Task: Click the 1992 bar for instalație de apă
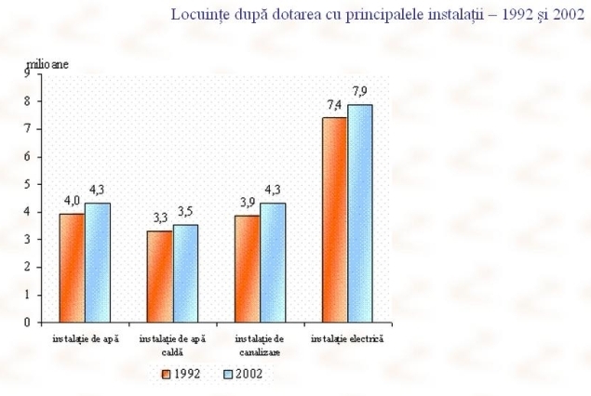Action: coord(72,268)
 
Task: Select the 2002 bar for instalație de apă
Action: coord(97,262)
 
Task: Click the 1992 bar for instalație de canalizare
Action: coord(247,269)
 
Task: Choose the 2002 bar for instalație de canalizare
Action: coord(272,262)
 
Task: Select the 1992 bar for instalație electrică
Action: coord(334,219)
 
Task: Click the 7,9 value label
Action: coord(360,91)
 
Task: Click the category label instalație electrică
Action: coord(346,340)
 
